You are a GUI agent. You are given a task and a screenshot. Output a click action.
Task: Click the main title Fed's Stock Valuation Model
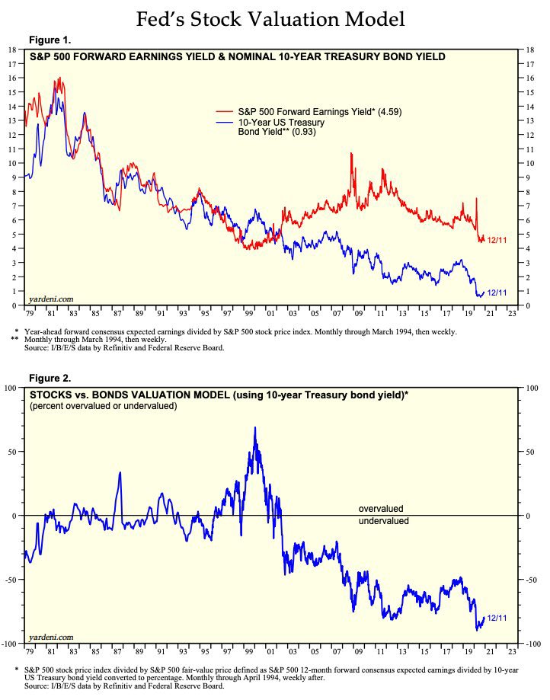[x=270, y=20]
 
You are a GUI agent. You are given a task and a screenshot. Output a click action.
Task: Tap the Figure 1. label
[x=50, y=40]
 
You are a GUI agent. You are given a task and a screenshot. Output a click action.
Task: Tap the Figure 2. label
[x=50, y=379]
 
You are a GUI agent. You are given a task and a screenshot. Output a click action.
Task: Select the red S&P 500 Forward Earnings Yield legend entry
[x=320, y=112]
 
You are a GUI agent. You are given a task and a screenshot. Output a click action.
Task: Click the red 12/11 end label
[x=497, y=241]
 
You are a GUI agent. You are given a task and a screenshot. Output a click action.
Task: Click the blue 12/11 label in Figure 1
[x=497, y=292]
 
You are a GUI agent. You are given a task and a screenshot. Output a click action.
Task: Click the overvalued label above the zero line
[x=381, y=508]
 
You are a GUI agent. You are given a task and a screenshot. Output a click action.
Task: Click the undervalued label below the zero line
[x=383, y=522]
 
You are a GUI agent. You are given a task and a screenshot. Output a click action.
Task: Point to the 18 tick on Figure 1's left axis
[x=11, y=50]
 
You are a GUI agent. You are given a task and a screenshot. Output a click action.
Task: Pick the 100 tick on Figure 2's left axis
[x=10, y=388]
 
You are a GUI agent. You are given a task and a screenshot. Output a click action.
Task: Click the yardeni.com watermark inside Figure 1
[x=51, y=299]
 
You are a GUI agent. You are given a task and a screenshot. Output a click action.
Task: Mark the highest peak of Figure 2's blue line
[x=254, y=427]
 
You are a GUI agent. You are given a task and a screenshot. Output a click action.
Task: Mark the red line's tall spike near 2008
[x=351, y=154]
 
